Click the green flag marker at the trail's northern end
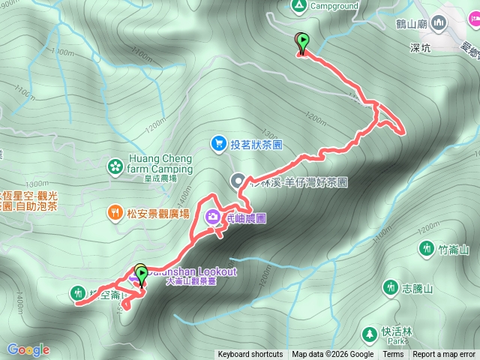[302, 43]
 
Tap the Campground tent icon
[299, 6]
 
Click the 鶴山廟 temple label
[413, 25]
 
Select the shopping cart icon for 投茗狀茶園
[218, 142]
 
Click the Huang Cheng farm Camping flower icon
[115, 165]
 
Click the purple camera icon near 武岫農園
[213, 218]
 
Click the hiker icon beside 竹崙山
[427, 248]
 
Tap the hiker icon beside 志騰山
[390, 287]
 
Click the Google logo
[28, 349]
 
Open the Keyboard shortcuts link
[250, 355]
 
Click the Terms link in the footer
[393, 355]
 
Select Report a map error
[444, 355]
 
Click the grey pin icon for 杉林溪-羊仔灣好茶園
[238, 181]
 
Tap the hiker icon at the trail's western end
[77, 292]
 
